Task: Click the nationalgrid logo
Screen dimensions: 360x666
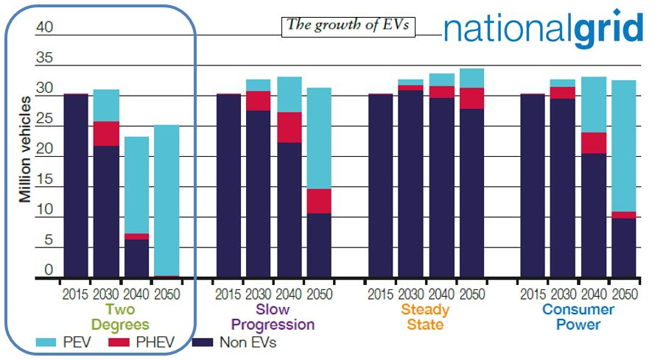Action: click(544, 29)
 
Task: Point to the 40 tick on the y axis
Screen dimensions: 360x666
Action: click(45, 27)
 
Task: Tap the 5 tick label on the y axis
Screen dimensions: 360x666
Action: click(49, 240)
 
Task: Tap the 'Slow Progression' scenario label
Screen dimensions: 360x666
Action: click(273, 317)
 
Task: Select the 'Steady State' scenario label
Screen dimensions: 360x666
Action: click(426, 317)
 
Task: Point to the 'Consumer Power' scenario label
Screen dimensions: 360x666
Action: click(578, 317)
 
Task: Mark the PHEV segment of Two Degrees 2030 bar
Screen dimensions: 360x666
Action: click(106, 133)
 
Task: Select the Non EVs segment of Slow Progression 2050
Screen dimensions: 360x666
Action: click(319, 246)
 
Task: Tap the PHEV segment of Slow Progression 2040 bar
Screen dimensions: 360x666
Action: click(290, 127)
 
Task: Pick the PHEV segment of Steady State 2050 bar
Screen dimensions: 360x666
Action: click(472, 98)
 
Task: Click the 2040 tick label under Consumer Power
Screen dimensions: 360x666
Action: click(593, 294)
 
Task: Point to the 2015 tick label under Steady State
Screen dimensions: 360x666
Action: click(381, 294)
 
